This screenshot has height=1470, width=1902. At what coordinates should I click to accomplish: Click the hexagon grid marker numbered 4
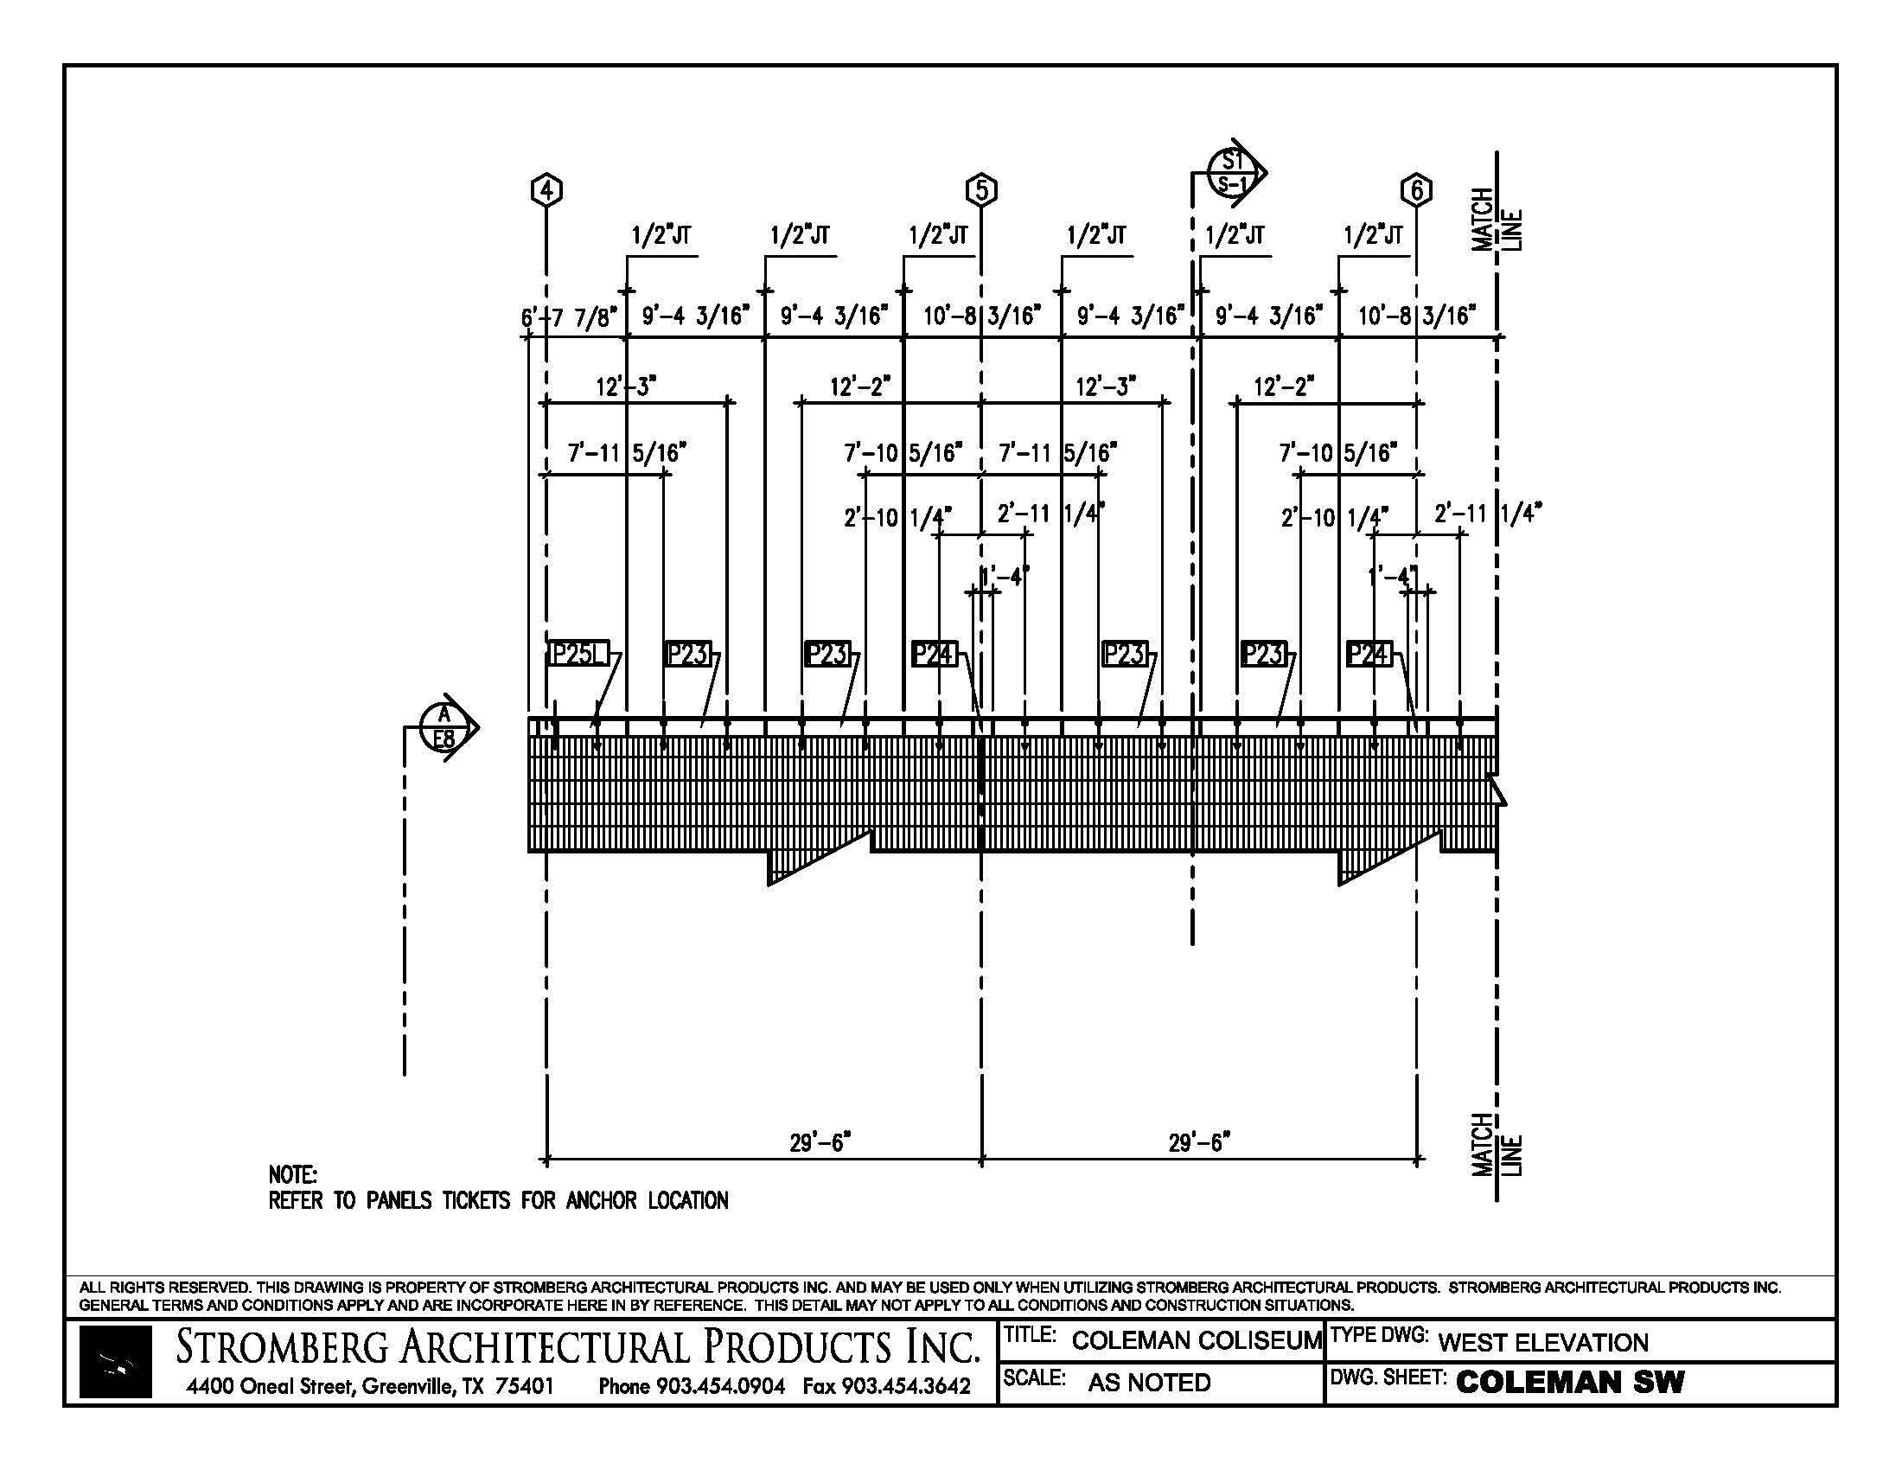(x=546, y=190)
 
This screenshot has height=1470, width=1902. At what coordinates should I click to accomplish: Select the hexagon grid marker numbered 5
(x=981, y=190)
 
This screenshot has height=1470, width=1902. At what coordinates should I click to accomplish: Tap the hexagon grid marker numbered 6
(x=1417, y=190)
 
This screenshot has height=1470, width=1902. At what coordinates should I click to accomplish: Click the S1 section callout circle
(x=1231, y=171)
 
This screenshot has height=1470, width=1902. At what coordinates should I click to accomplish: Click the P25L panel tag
(x=578, y=653)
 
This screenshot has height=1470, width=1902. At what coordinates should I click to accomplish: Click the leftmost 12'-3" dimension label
(x=625, y=386)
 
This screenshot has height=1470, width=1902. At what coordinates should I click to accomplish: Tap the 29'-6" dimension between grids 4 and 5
(x=820, y=1142)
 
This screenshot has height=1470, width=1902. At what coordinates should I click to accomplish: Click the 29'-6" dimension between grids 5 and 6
(x=1198, y=1142)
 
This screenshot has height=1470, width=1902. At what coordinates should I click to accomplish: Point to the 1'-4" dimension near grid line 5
(x=1004, y=576)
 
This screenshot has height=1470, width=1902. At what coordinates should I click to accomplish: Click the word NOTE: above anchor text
(x=292, y=1175)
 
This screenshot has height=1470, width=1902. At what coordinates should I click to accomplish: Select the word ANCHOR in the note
(x=601, y=1201)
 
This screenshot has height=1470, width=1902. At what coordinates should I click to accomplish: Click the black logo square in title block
(x=115, y=1363)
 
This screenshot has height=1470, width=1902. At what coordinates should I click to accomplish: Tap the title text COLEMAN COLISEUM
(x=1197, y=1341)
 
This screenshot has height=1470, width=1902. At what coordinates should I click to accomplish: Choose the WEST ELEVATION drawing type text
(x=1542, y=1343)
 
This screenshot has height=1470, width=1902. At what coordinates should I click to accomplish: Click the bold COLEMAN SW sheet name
(x=1570, y=1382)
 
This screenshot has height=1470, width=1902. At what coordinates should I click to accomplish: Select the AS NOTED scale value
(x=1149, y=1383)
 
